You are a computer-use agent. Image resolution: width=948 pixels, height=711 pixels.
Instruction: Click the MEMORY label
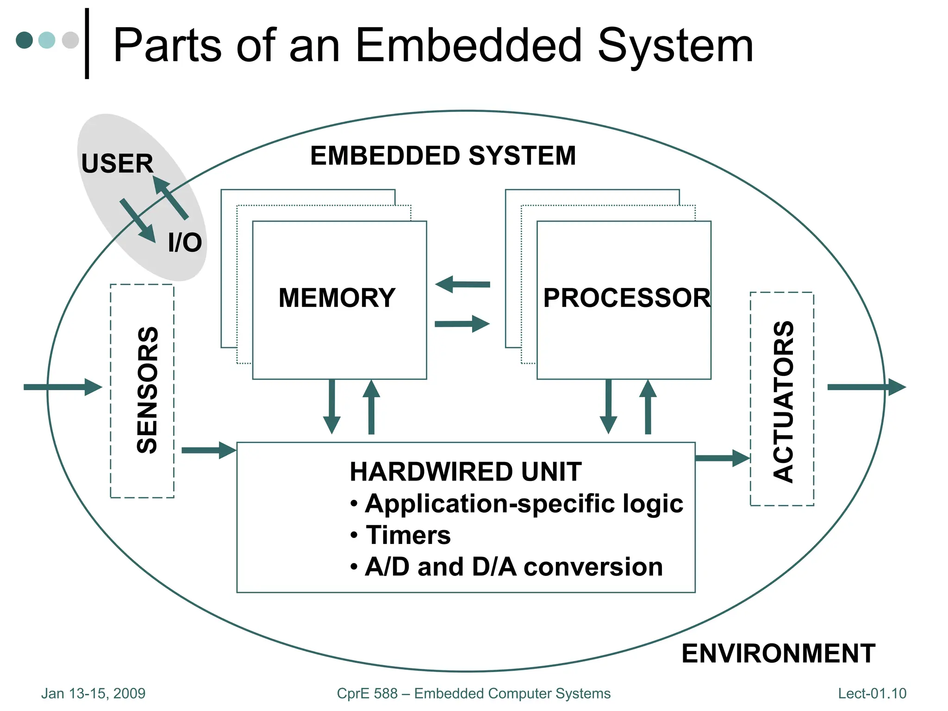[337, 298]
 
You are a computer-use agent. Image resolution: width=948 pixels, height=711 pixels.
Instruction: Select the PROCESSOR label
[626, 298]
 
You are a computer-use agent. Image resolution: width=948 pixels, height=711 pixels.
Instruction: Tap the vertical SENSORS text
[148, 390]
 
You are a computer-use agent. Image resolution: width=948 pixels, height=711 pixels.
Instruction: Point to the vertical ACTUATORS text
[784, 401]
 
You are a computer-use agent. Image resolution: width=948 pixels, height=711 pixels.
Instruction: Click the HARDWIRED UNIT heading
[465, 472]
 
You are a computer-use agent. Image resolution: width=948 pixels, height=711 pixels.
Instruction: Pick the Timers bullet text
[407, 535]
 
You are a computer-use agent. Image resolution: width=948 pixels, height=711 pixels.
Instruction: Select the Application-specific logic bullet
[523, 503]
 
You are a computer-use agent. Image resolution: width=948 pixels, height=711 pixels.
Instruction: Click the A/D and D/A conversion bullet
[513, 567]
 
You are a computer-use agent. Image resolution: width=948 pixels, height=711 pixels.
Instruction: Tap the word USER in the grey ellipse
[117, 163]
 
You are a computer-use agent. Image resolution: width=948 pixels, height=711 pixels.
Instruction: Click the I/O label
[185, 243]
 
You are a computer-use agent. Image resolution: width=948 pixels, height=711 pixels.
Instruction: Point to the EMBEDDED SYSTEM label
[443, 156]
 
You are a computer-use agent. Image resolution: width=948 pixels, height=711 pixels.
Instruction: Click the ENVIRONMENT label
[778, 653]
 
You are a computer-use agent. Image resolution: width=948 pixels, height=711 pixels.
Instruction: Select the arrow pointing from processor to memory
[462, 284]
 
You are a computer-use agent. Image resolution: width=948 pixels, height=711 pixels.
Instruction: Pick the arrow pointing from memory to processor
[462, 324]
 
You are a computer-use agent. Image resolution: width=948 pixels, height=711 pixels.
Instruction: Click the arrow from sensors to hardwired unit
[208, 450]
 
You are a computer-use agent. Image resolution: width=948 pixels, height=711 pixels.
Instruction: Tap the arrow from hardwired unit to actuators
[722, 458]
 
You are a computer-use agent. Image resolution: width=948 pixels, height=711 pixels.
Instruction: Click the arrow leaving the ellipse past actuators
[866, 387]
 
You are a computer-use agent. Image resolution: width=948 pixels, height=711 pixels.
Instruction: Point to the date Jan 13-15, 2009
[93, 693]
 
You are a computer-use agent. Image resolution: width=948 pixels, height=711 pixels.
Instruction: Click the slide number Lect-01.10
[872, 693]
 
